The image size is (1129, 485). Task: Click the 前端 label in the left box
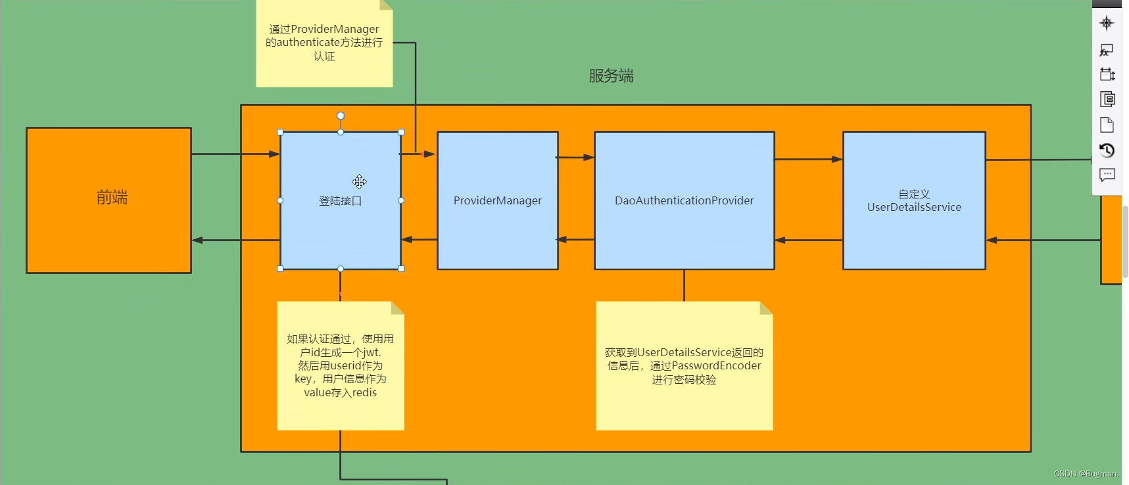click(x=112, y=197)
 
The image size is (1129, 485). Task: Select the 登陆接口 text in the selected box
click(x=340, y=201)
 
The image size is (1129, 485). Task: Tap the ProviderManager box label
click(x=497, y=200)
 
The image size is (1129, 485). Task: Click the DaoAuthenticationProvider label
click(x=684, y=200)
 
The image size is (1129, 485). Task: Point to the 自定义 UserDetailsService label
click(x=914, y=201)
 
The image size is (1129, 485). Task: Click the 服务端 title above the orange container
click(x=611, y=76)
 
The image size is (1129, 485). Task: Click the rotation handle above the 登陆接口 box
click(x=341, y=116)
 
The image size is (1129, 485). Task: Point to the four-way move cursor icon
click(x=359, y=181)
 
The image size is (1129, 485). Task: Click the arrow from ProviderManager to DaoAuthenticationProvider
click(x=576, y=157)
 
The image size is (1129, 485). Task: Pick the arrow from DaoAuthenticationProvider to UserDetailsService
click(x=809, y=159)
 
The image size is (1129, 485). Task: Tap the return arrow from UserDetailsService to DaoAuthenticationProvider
click(x=809, y=240)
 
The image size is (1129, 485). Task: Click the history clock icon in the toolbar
click(x=1107, y=150)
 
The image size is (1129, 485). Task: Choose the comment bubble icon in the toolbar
click(x=1107, y=175)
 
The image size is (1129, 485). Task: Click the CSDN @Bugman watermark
click(x=1086, y=474)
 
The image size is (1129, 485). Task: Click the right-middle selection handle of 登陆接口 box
click(x=401, y=200)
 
